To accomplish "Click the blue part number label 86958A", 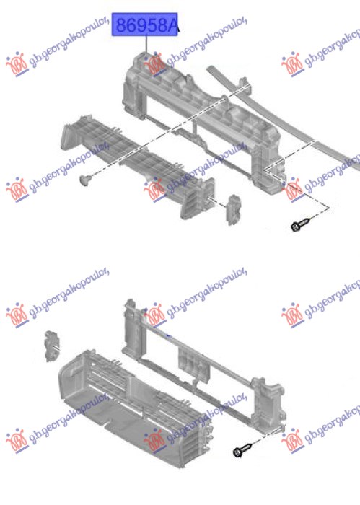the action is click(x=144, y=25).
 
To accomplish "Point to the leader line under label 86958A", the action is click(x=146, y=45).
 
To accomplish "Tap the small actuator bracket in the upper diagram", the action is click(x=234, y=210).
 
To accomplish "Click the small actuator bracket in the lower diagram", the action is click(x=51, y=346).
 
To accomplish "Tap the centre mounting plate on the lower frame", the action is click(x=194, y=366).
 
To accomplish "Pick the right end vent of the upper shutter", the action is click(x=196, y=198).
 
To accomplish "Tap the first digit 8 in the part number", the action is click(x=121, y=25).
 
